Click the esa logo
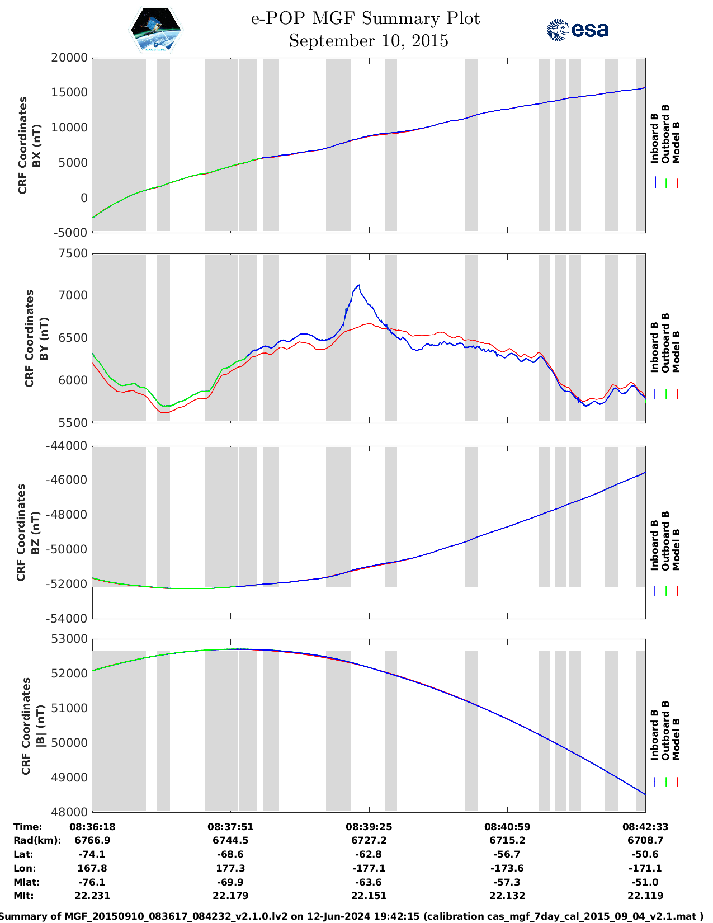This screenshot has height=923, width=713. pyautogui.click(x=578, y=30)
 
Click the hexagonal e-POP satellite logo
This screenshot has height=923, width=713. pyautogui.click(x=156, y=30)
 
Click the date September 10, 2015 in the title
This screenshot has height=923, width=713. pyautogui.click(x=369, y=41)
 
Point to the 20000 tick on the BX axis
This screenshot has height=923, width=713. pyautogui.click(x=69, y=58)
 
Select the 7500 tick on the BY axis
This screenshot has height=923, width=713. pyautogui.click(x=73, y=253)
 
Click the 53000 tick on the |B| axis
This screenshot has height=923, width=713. pyautogui.click(x=69, y=639)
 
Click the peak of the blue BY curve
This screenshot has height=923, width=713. pyautogui.click(x=358, y=285)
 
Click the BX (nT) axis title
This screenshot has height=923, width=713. pyautogui.click(x=37, y=145)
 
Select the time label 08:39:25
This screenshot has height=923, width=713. pyautogui.click(x=369, y=826)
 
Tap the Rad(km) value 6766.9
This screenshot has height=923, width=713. pyautogui.click(x=92, y=840)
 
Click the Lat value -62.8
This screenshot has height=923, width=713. pyautogui.click(x=369, y=854)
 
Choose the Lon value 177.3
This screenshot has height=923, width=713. pyautogui.click(x=230, y=868)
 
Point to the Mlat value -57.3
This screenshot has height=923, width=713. pyautogui.click(x=507, y=882)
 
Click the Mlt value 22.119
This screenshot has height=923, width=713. pyautogui.click(x=645, y=896)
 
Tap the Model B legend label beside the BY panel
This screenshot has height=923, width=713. pyautogui.click(x=676, y=351)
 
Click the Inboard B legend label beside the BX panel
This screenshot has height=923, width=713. pyautogui.click(x=654, y=138)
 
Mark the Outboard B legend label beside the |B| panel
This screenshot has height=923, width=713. pyautogui.click(x=665, y=730)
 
